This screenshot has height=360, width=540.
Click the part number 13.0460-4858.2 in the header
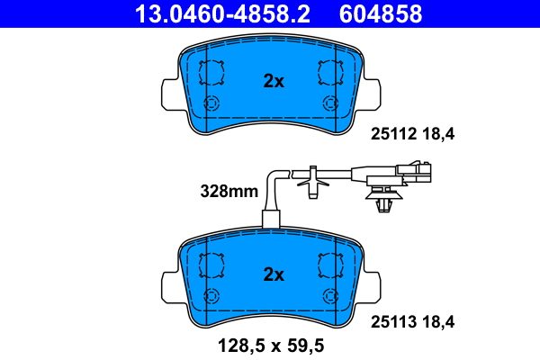tap(210, 14)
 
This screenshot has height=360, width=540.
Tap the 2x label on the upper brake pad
tap(273, 81)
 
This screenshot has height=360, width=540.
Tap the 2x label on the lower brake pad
tap(273, 274)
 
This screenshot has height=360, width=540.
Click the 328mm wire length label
tap(229, 191)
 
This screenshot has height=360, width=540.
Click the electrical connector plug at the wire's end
tap(419, 170)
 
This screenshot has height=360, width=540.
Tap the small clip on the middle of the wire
tap(312, 181)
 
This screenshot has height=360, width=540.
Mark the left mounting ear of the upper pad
tap(168, 94)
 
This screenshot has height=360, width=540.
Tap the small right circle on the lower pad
tap(331, 295)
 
